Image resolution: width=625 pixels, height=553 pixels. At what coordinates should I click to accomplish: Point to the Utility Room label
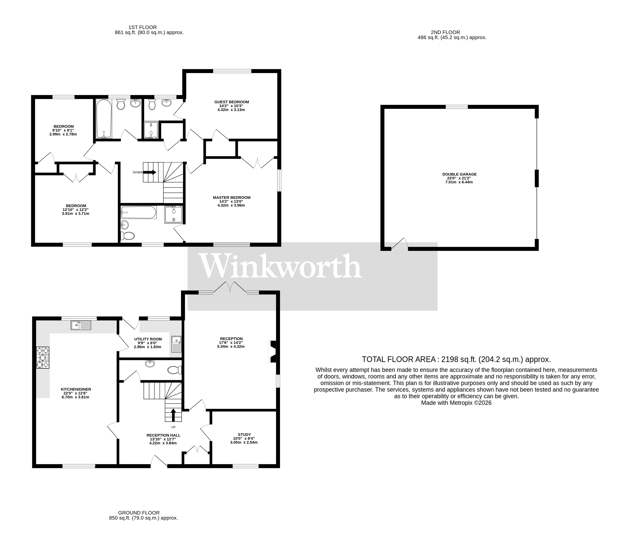pos(148,339)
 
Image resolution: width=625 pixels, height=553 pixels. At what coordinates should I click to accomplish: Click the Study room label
pos(244,434)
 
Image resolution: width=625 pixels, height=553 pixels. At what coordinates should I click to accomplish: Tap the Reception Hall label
pos(163,435)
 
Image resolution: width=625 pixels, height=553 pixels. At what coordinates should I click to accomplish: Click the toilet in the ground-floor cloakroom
pos(175,370)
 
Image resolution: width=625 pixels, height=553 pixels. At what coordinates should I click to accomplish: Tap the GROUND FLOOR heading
pos(139,513)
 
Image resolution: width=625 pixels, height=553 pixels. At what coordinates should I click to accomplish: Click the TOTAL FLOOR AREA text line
pos(456,359)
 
